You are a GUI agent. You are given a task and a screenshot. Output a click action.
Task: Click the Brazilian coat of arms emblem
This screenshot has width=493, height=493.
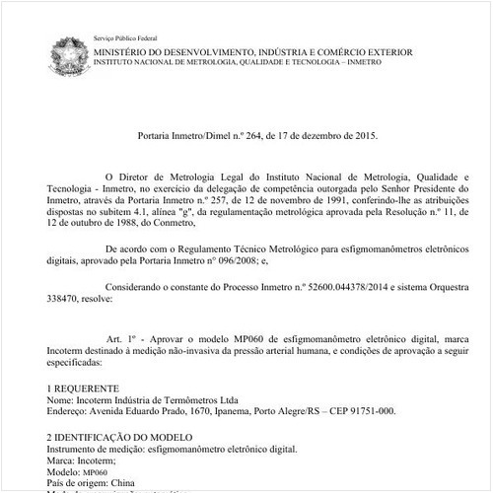pos(67,49)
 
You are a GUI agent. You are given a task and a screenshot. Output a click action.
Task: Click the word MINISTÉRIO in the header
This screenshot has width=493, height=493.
pos(124,49)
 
